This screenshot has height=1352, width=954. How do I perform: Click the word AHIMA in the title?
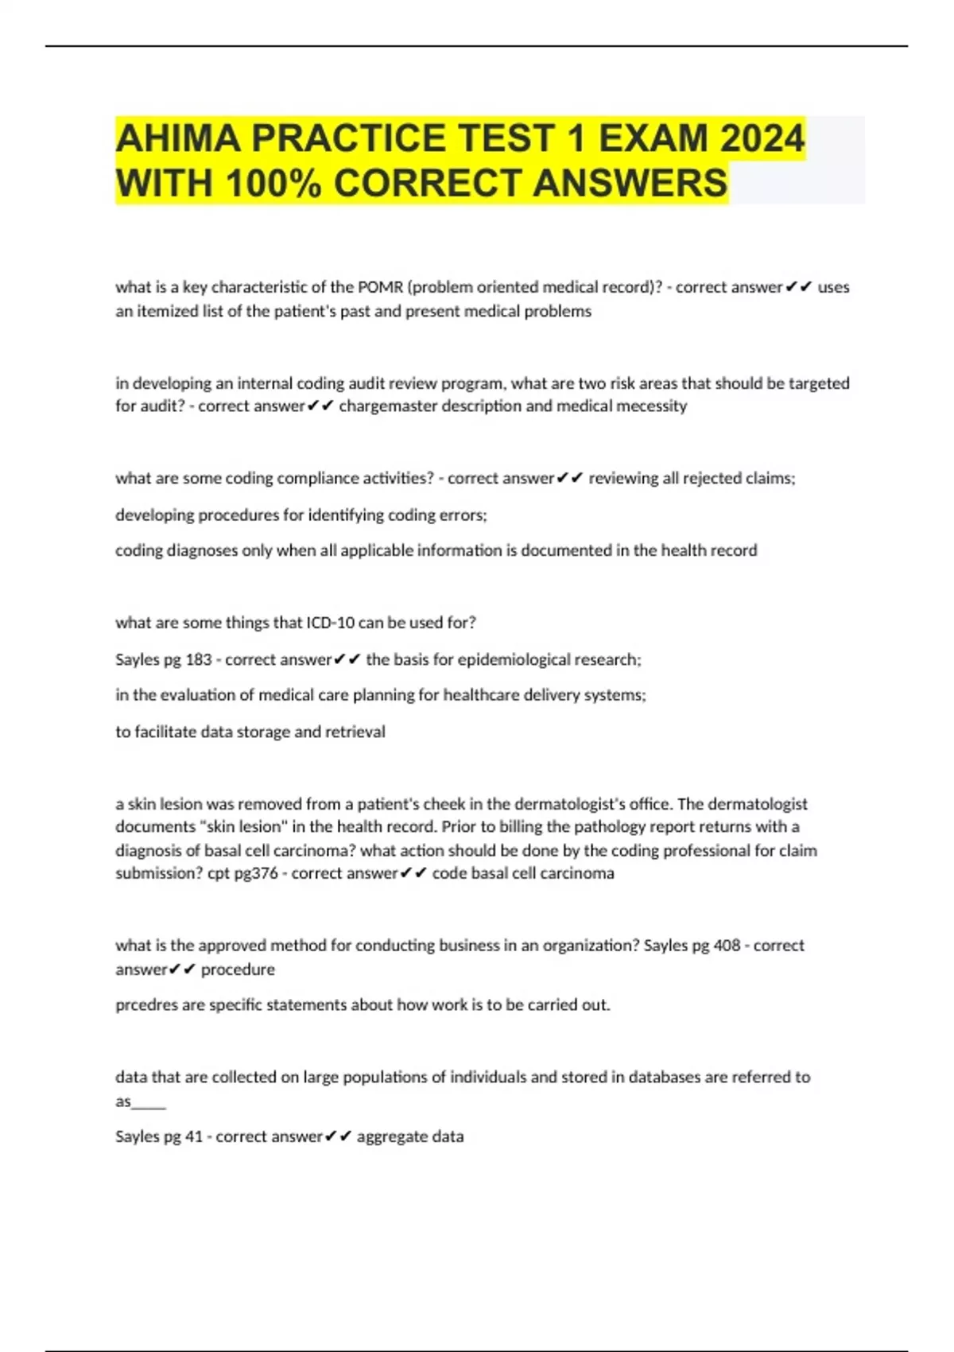178,138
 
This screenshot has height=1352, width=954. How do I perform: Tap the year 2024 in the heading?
762,138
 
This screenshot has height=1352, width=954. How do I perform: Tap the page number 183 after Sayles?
198,659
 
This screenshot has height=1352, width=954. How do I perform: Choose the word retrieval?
355,732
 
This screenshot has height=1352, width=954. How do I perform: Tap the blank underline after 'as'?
149,1102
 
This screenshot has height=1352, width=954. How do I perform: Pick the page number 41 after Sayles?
193,1136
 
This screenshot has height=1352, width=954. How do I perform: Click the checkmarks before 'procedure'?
182,969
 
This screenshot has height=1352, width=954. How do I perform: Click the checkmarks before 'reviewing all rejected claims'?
570,478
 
